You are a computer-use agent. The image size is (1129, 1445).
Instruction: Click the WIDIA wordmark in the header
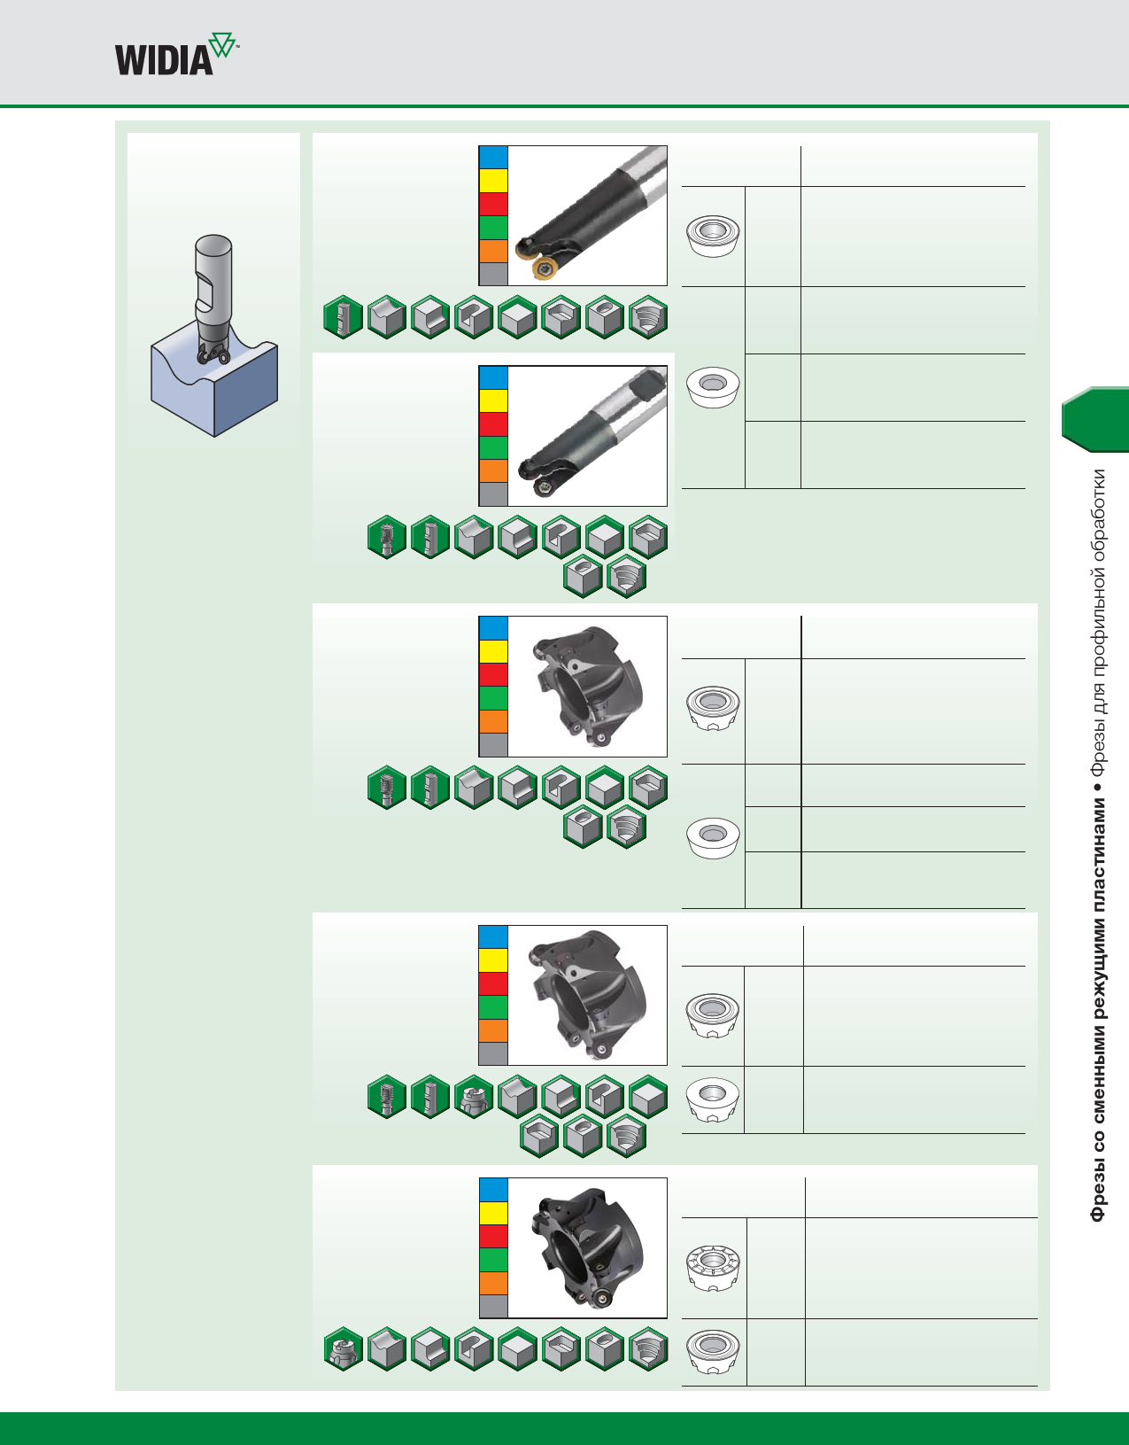[164, 60]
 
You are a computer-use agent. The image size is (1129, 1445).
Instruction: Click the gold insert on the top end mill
[541, 268]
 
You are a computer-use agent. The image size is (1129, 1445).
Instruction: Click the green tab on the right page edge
[1096, 420]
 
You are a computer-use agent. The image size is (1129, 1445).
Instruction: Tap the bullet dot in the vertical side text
[1098, 786]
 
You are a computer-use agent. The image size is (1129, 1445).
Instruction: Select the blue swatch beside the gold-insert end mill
[493, 158]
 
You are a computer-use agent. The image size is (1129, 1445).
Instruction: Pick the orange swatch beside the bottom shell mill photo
[493, 1283]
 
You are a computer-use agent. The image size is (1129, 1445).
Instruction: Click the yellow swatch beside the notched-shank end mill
[493, 400]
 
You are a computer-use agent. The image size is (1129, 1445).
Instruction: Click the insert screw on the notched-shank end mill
[541, 486]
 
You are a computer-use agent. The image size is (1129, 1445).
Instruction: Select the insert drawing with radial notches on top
[713, 1266]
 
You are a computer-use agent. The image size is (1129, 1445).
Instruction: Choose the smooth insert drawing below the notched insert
[713, 1350]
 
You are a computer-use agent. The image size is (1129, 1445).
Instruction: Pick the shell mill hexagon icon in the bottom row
[343, 1349]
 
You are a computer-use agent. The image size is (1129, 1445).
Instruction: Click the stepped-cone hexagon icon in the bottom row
[648, 1349]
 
